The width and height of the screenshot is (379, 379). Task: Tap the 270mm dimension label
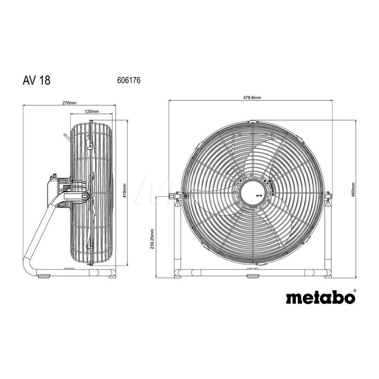pos(69,102)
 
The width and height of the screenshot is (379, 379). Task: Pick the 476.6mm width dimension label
pos(252,97)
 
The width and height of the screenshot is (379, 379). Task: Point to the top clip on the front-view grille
pos(252,122)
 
